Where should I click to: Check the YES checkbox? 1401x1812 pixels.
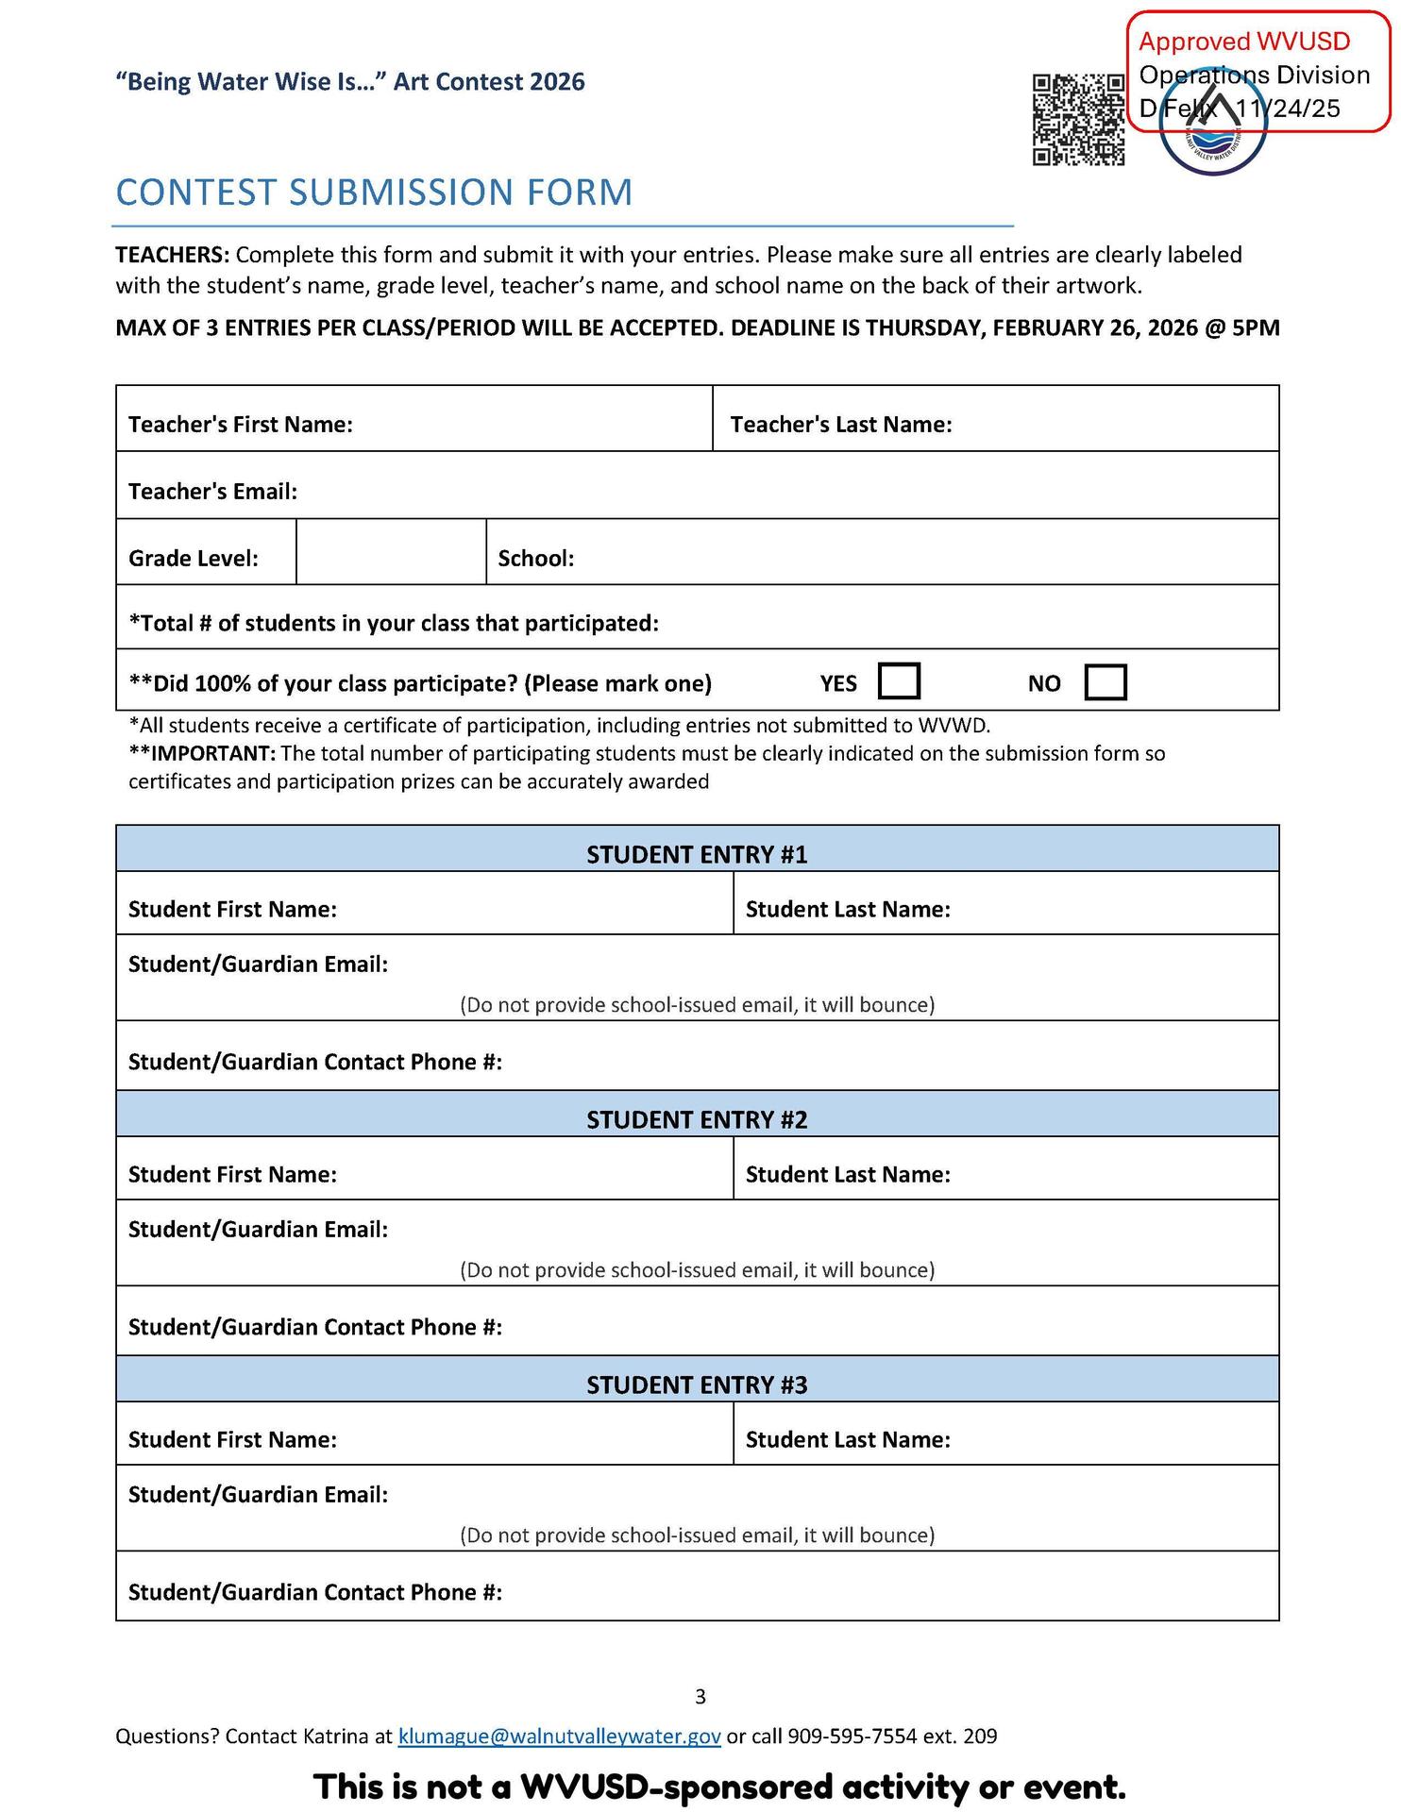point(899,681)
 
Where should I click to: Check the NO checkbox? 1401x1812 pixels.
point(1106,681)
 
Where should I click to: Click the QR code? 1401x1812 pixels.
point(1078,120)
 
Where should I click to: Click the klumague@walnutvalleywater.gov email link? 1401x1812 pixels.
point(560,1736)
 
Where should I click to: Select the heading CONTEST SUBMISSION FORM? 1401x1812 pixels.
point(374,193)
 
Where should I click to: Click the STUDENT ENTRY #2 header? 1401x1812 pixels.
point(697,1119)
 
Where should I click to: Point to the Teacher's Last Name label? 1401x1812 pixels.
point(840,425)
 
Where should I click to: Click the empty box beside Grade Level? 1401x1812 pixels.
point(391,553)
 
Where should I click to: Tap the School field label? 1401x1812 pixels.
point(536,559)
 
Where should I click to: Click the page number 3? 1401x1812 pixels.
point(700,1697)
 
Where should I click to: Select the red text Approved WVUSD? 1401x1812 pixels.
point(1244,42)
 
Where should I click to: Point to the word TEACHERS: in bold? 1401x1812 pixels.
point(172,255)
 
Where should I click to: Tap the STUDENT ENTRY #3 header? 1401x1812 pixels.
point(697,1384)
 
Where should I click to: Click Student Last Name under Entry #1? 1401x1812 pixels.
point(848,909)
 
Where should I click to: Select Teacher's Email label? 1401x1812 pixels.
point(212,492)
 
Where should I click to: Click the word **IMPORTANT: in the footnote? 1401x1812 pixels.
point(202,753)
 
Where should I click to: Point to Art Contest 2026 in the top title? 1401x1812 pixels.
point(489,82)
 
